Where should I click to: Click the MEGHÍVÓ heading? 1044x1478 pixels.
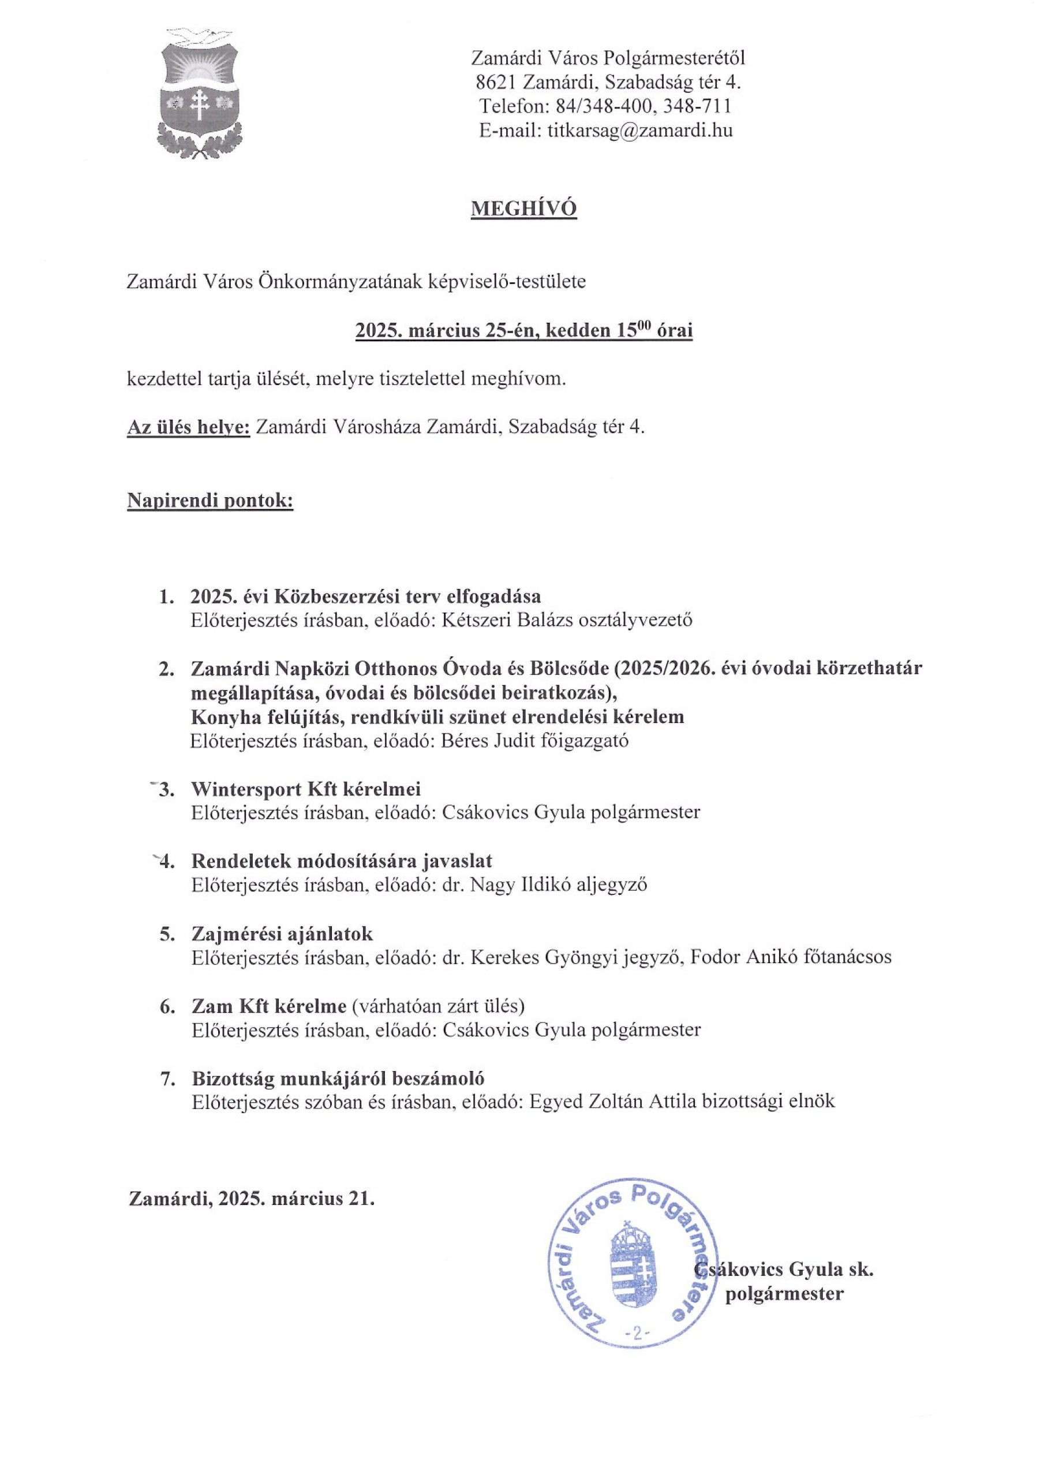[x=524, y=208]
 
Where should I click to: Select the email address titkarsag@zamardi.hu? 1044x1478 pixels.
[x=641, y=130]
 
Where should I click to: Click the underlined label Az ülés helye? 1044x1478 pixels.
[x=189, y=427]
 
